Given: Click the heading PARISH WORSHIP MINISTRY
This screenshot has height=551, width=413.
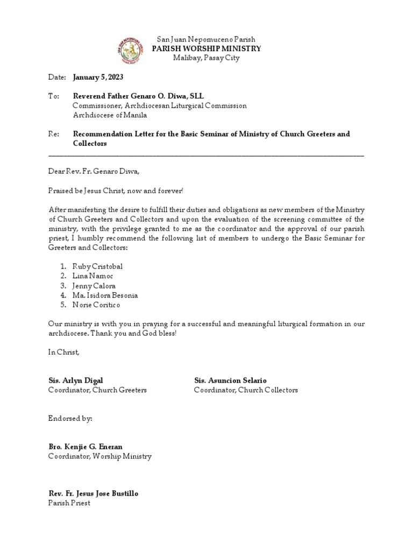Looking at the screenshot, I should click(x=206, y=49).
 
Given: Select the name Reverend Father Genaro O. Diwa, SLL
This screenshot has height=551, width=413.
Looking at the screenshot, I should click(x=139, y=96).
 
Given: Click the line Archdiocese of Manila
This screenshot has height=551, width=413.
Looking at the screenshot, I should click(x=110, y=115).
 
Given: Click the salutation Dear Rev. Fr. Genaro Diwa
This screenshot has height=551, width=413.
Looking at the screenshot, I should click(x=94, y=172).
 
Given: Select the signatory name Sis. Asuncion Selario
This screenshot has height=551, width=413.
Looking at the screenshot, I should click(x=230, y=380).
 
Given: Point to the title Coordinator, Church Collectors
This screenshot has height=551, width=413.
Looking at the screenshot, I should click(x=246, y=390).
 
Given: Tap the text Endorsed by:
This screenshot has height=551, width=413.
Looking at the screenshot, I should click(x=70, y=418).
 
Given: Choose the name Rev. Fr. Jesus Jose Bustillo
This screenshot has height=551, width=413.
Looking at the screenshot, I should click(x=97, y=493).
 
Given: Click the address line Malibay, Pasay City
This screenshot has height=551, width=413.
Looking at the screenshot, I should click(x=206, y=58).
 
